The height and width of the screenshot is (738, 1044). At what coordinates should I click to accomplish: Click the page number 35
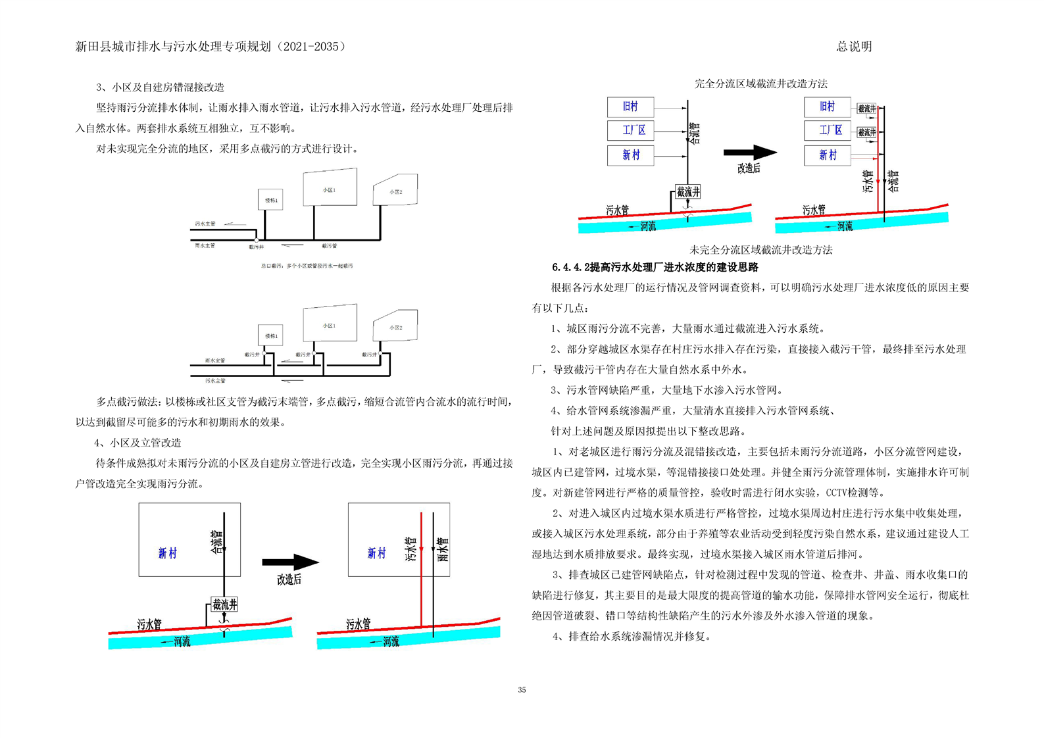click(522, 690)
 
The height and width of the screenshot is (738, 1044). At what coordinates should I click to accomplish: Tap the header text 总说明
click(854, 47)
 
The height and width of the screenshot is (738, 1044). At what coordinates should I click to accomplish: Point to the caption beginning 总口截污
click(307, 266)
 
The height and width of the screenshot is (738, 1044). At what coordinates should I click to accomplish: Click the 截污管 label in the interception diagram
click(329, 246)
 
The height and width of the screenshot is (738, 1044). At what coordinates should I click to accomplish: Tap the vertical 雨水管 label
click(443, 549)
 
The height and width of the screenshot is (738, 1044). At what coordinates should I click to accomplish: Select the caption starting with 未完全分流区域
click(760, 250)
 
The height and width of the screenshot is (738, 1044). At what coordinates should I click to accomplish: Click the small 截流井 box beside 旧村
click(866, 108)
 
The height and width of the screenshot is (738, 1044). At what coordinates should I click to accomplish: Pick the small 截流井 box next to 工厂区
click(866, 132)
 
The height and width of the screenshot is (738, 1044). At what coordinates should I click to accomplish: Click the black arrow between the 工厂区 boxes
click(750, 153)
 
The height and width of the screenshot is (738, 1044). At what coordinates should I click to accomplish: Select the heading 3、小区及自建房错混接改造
click(160, 87)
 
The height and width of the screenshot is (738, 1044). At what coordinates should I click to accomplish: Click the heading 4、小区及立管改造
click(137, 443)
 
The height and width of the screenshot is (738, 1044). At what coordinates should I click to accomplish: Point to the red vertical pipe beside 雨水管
click(421, 569)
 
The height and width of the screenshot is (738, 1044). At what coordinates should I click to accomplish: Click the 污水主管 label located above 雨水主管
click(205, 224)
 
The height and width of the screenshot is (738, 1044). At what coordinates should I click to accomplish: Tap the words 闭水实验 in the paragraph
click(795, 492)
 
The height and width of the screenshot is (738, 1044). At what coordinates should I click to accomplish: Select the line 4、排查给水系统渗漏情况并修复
click(632, 636)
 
